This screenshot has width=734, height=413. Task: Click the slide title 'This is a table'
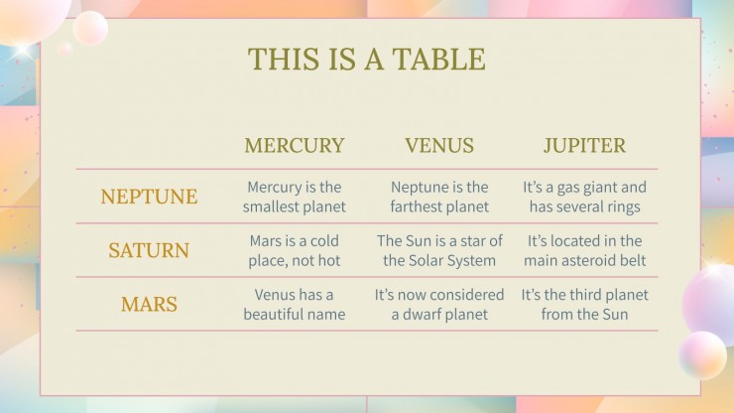366,59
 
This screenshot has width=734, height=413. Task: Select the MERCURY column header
294,146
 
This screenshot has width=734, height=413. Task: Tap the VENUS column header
439,146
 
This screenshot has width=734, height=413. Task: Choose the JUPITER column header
584,146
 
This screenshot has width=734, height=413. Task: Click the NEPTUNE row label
149,197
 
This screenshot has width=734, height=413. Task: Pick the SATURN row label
149,250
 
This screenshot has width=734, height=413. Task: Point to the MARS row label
149,304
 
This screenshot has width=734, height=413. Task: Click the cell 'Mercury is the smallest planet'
294,197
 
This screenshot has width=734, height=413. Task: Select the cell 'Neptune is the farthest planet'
439,197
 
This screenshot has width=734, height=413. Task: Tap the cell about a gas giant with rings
584,197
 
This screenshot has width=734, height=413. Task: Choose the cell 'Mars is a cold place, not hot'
294,250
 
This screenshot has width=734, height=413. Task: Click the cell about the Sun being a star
439,250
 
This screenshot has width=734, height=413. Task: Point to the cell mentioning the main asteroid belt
584,250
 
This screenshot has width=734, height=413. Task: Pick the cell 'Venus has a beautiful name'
294,304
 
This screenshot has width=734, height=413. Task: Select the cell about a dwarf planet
439,304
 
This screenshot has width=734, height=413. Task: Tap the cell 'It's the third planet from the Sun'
584,304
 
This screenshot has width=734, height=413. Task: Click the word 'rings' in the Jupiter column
621,207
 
